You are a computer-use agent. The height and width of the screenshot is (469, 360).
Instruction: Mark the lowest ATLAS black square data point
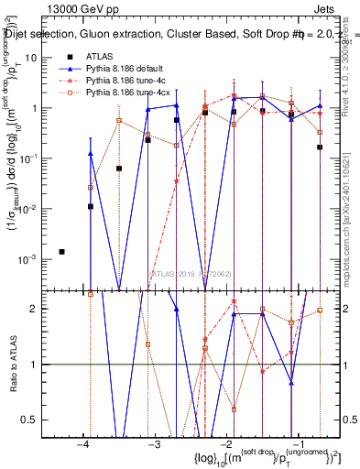pyautogui.click(x=61, y=251)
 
